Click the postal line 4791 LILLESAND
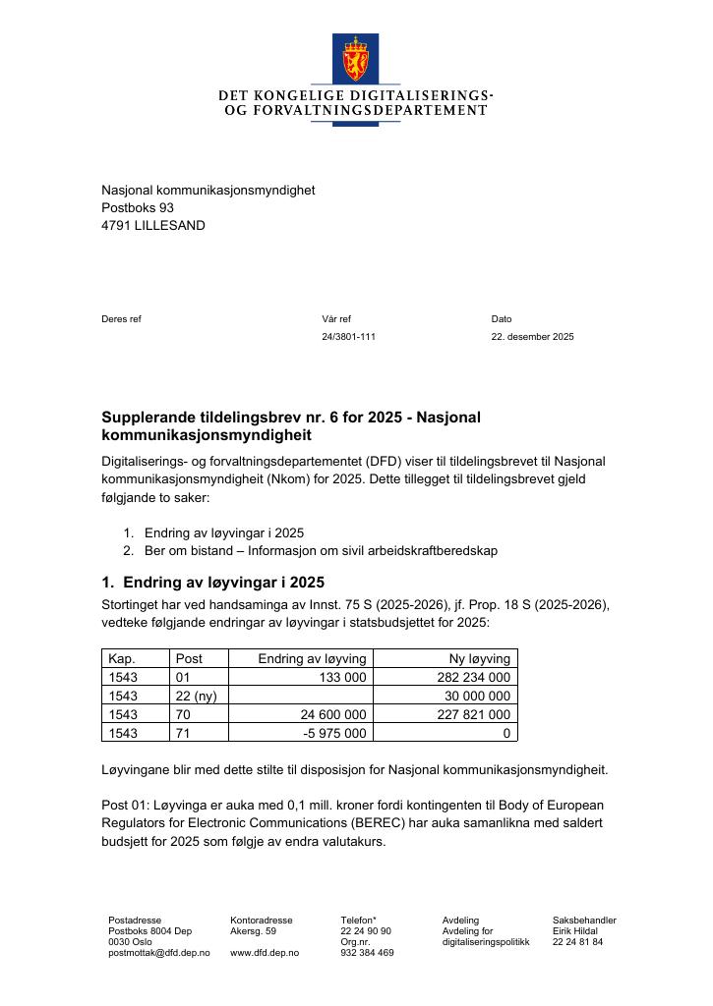click(x=153, y=225)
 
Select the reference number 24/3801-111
click(x=348, y=337)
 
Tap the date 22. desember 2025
click(x=532, y=337)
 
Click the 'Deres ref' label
click(x=121, y=319)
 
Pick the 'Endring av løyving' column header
click(x=312, y=658)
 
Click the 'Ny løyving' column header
click(x=478, y=658)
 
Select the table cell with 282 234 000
click(x=473, y=677)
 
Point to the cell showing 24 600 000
click(x=329, y=714)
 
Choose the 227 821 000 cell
click(x=473, y=714)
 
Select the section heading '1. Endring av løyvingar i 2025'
click(x=213, y=582)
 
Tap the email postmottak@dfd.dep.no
click(x=158, y=953)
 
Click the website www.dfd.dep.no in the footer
click(x=265, y=953)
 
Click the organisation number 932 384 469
click(x=367, y=953)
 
